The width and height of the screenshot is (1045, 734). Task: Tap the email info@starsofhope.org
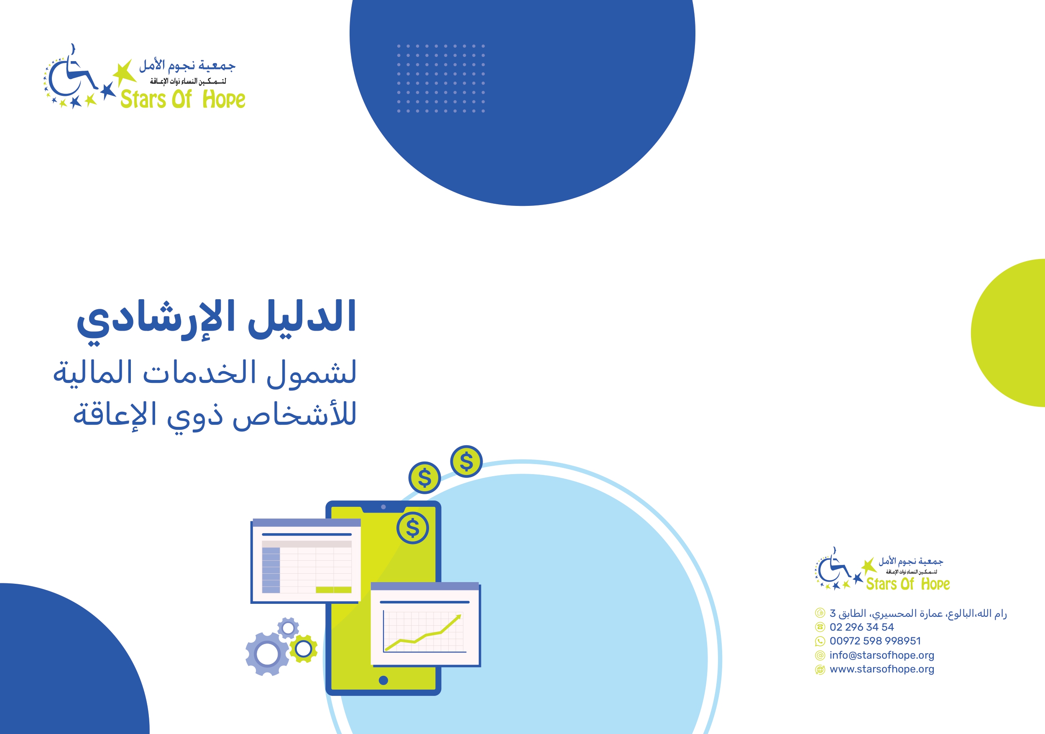pos(881,655)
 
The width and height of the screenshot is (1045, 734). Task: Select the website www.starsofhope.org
pos(881,669)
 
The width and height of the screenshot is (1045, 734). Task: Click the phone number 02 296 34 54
pos(861,627)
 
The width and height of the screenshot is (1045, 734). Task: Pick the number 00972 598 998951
pos(875,641)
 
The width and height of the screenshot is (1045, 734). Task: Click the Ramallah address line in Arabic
pos(918,613)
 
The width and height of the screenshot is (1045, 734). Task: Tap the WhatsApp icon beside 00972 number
pos(820,642)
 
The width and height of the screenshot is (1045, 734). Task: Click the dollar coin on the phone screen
pos(412,528)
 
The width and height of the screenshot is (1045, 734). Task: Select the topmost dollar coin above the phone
pos(466,461)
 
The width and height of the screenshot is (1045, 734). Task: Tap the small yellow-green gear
pos(303,649)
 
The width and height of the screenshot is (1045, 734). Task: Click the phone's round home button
pos(383,680)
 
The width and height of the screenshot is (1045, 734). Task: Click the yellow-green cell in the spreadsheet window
pos(334,590)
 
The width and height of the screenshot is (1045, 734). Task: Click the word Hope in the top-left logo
pos(223,99)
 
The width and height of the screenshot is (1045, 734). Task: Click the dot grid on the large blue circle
pos(441,78)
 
